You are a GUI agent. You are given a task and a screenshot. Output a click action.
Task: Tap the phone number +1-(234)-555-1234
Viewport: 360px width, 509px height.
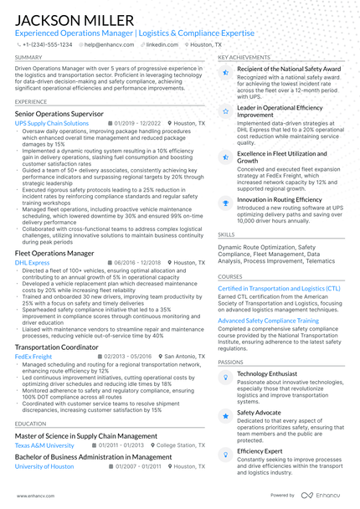[47, 44]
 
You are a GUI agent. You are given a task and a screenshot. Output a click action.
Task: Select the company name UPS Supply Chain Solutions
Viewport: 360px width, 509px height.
[52, 123]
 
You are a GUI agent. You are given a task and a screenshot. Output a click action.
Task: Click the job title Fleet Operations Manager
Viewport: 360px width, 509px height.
[54, 253]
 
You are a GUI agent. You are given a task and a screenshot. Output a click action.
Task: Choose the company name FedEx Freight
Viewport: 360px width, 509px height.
[33, 356]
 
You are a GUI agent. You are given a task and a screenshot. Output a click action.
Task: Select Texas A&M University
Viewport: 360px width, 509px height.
[44, 446]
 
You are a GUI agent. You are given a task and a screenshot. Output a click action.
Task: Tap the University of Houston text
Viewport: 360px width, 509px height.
[44, 466]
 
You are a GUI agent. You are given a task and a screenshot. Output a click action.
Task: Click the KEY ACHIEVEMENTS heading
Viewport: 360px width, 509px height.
[244, 58]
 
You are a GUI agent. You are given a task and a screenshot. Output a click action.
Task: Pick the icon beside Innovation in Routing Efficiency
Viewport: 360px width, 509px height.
[224, 202]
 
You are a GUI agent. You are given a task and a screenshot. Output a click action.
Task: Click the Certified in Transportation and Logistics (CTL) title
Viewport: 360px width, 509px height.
[279, 288]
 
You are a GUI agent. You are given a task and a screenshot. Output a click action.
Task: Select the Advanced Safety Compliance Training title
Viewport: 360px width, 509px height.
[268, 321]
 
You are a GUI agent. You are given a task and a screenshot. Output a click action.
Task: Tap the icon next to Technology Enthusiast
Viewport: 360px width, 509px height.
[224, 378]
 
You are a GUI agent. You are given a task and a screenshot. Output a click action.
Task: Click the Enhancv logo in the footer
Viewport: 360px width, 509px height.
[322, 495]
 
